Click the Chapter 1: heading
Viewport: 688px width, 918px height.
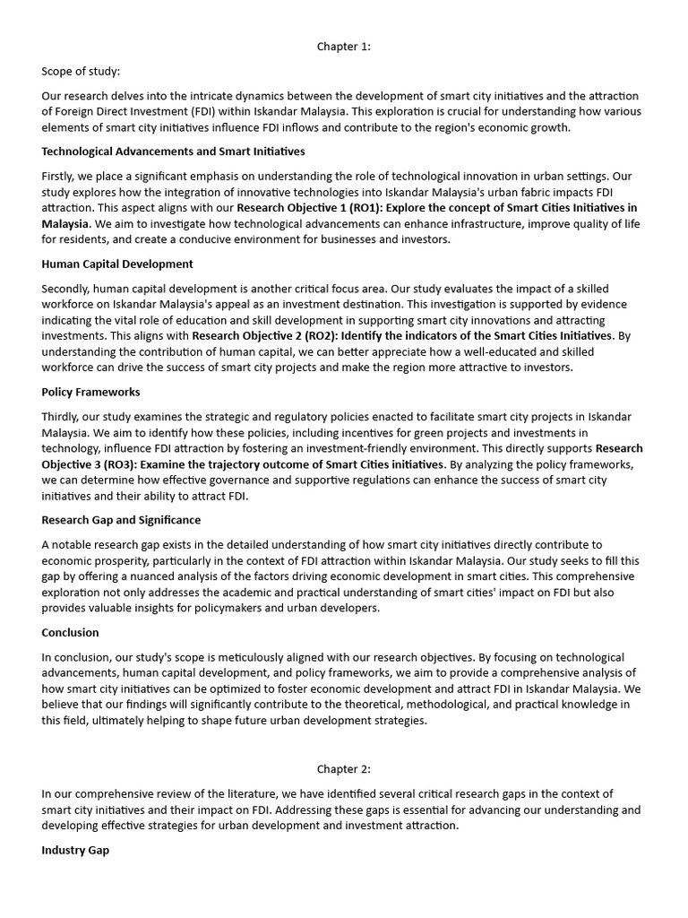(343, 47)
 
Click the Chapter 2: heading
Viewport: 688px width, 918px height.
(343, 768)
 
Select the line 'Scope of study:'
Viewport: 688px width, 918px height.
(81, 71)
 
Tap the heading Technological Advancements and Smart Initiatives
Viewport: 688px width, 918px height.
(173, 152)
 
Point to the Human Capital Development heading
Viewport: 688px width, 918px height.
(117, 264)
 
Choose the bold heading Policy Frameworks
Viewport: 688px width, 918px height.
(90, 392)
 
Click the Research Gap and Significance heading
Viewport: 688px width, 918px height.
(121, 520)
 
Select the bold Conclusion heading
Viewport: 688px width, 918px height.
(70, 632)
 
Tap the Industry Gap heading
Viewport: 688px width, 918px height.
(75, 850)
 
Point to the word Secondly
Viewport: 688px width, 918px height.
(68, 288)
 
